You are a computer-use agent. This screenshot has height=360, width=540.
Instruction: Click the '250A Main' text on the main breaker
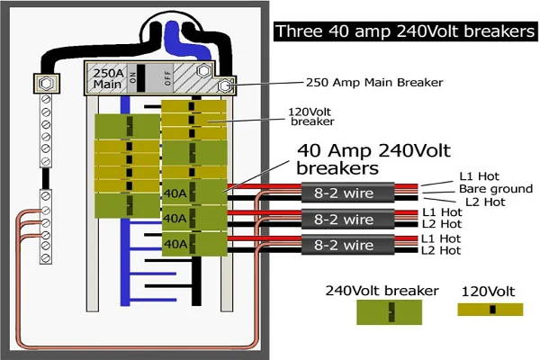tap(107, 78)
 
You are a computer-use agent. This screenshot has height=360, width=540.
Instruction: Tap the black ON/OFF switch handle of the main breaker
tap(141, 78)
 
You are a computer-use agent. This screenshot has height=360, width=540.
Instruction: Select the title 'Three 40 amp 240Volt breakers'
tap(405, 31)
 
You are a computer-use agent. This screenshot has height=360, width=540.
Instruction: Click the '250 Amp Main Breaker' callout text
tap(374, 82)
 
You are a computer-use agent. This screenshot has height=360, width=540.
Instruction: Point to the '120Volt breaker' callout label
tap(311, 116)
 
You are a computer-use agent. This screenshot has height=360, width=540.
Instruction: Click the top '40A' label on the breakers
tap(175, 193)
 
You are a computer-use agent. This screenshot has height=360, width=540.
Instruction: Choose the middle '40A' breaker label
tap(175, 218)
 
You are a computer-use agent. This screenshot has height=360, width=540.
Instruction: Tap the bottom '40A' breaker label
tap(175, 244)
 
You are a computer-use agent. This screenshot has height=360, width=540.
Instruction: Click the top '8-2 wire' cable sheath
tap(347, 193)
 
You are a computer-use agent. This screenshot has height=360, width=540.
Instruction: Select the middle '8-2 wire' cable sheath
tap(347, 219)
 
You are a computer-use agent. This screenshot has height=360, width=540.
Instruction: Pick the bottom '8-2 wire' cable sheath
tap(347, 245)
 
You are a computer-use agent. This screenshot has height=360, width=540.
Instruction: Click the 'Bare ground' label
tap(496, 189)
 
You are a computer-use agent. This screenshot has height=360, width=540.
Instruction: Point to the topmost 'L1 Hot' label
tap(479, 176)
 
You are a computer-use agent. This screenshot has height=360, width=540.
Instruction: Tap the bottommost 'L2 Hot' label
tap(441, 250)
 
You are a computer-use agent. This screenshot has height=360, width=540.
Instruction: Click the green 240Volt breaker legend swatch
tap(389, 312)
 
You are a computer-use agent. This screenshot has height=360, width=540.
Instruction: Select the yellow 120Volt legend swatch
tap(490, 310)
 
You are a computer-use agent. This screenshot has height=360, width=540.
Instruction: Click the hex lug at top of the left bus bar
tap(47, 84)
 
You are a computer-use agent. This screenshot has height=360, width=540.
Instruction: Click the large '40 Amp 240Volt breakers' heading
tap(373, 159)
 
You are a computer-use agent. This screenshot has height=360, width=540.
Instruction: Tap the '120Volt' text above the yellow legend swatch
tap(488, 292)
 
